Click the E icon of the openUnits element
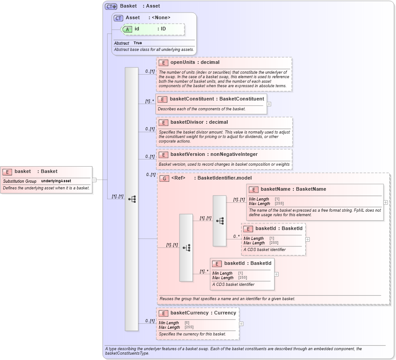pos(163,63)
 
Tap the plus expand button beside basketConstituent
pos(269,104)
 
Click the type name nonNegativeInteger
pos(233,154)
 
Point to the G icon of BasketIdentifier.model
pos(164,178)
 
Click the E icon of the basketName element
pos(254,189)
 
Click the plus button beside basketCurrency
pos(241,324)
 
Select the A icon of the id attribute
pos(127,29)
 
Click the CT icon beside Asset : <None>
pos(118,18)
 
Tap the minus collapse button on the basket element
pos(94,180)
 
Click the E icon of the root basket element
pos(7,172)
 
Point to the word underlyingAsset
pos(56,181)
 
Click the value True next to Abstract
pos(138,43)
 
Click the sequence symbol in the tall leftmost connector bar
pos(132,199)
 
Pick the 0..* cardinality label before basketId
pos(236,236)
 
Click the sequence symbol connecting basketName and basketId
pos(220,221)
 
